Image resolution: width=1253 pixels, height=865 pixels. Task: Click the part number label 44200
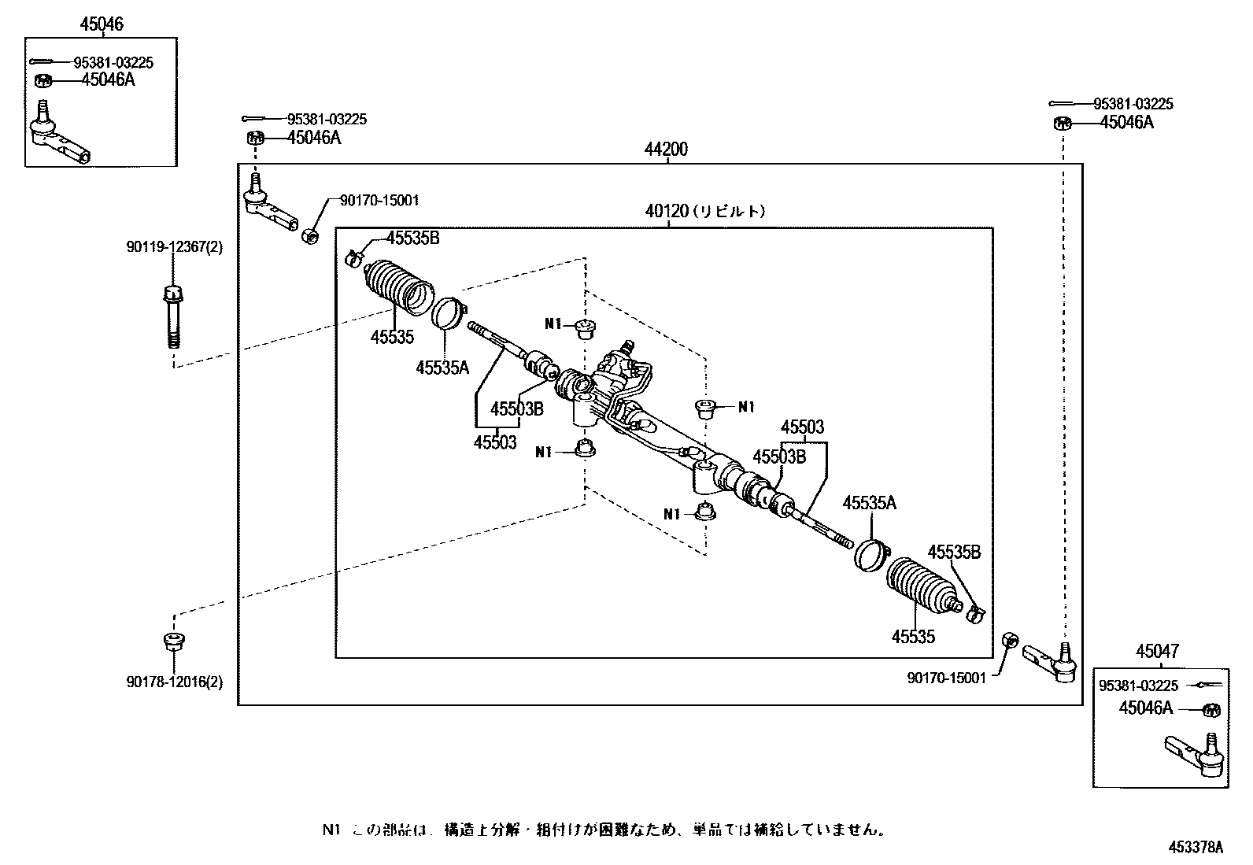click(666, 150)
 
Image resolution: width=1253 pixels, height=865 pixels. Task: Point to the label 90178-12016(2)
click(174, 682)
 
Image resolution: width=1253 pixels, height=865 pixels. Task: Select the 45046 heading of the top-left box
click(101, 24)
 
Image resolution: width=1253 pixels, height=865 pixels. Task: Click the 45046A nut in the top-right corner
click(1062, 123)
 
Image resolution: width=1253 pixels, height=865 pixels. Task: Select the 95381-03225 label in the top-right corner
click(1133, 104)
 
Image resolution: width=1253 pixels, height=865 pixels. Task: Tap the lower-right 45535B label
click(954, 552)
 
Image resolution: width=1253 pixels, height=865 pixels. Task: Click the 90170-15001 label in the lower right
click(946, 678)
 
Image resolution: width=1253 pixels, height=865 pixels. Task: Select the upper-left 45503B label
click(517, 408)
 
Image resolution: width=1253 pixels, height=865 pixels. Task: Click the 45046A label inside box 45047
click(1145, 708)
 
